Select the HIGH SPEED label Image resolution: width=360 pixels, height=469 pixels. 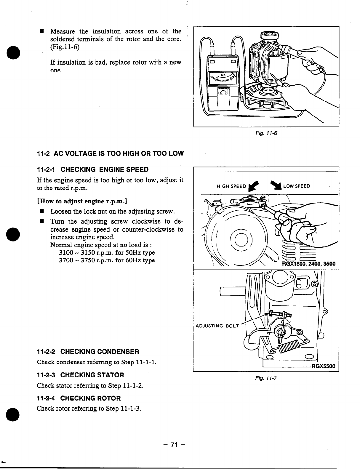pos(231,186)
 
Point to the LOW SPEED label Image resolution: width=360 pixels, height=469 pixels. pos(297,186)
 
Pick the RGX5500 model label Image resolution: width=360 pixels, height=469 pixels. pos(323,366)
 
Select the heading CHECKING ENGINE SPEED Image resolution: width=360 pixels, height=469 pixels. pos(104,169)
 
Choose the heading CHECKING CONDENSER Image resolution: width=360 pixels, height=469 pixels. pos(100,352)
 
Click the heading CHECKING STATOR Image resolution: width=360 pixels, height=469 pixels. pos(92,375)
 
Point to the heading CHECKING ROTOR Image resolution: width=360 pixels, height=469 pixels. pos(90,398)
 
